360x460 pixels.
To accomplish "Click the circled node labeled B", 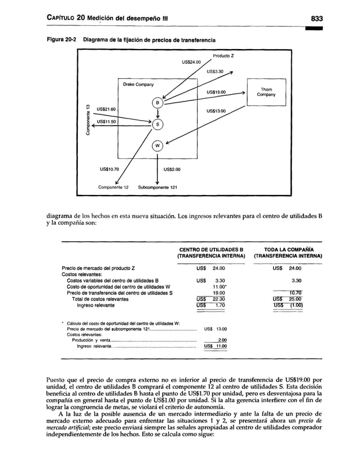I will (x=158, y=103).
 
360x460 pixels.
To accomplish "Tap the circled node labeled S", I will (x=158, y=124).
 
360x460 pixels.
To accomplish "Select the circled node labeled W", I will (x=158, y=146).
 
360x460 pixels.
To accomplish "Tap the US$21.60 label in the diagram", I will (x=106, y=109).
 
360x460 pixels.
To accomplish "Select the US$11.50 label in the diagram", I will (x=106, y=121).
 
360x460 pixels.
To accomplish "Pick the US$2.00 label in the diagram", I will (x=172, y=168).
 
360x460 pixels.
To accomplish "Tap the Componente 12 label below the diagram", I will (x=115, y=187).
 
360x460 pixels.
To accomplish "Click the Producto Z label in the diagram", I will (x=224, y=55).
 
